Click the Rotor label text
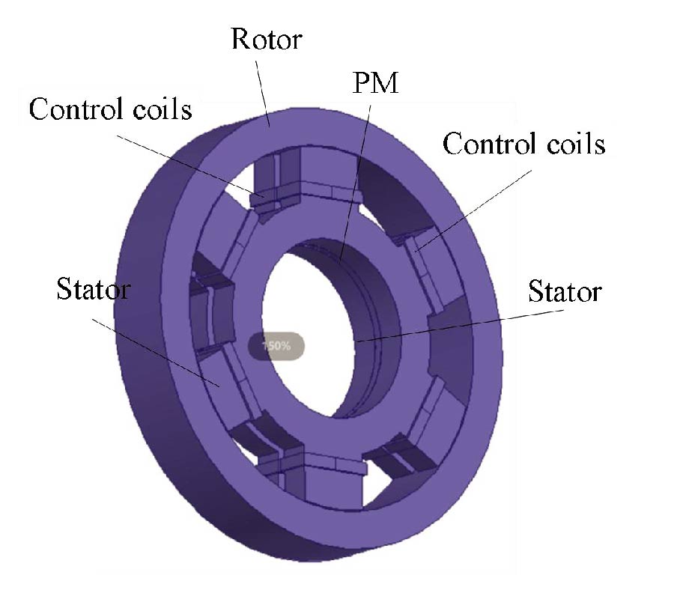(x=267, y=38)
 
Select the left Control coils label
(x=111, y=109)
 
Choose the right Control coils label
(x=523, y=143)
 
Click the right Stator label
(x=564, y=291)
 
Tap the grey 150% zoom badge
(x=276, y=346)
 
